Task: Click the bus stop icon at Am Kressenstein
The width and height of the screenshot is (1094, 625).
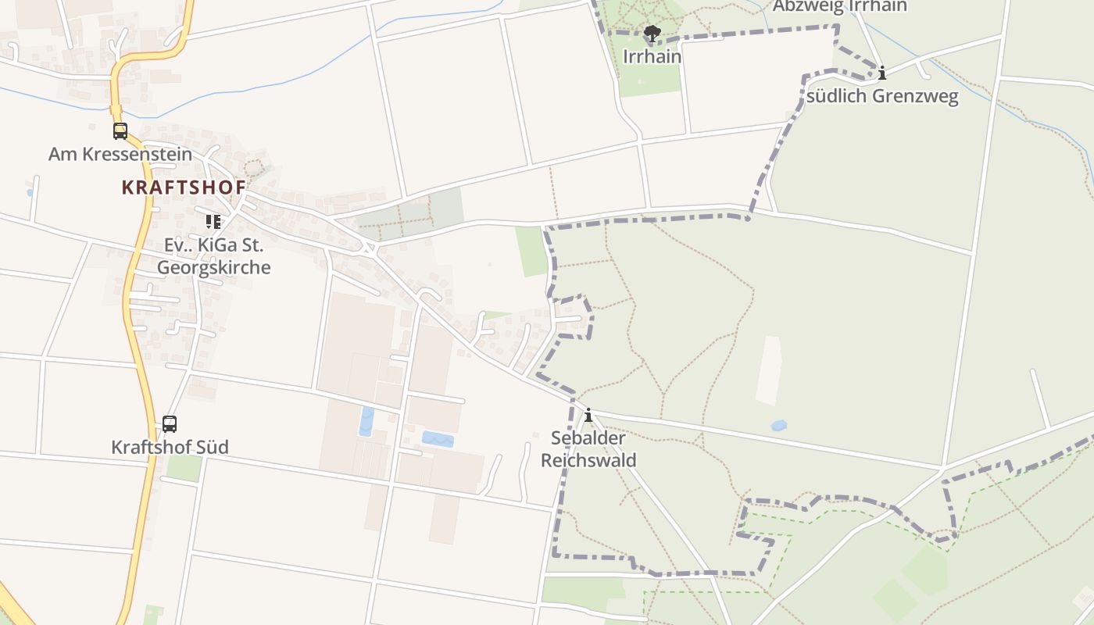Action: tap(120, 131)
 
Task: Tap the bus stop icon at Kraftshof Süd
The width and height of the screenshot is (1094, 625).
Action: tap(170, 424)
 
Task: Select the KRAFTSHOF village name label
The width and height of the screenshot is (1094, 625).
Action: tap(184, 187)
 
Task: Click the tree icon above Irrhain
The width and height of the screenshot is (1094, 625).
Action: tap(652, 34)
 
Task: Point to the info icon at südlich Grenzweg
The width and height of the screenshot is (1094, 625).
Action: tap(882, 73)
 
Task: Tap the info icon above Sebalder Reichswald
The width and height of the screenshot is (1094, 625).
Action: tap(588, 415)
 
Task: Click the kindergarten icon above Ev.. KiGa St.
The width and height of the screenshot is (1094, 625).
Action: tap(213, 222)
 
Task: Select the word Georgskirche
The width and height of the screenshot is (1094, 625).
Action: tap(213, 267)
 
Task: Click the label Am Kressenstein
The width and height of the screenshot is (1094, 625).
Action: tap(120, 154)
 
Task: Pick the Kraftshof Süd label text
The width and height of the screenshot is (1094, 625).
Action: tap(170, 448)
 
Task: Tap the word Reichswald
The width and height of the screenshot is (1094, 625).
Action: tap(588, 460)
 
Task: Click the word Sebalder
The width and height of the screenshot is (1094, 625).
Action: tap(588, 438)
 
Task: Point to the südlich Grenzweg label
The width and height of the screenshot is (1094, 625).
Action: tap(882, 97)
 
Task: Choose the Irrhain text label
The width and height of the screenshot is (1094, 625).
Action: tap(652, 57)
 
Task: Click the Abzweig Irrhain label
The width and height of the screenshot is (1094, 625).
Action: tap(839, 6)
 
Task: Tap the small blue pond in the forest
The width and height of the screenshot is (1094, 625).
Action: tap(778, 426)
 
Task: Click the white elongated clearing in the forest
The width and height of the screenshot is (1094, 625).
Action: tap(769, 370)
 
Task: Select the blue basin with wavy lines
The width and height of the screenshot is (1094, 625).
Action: tap(438, 439)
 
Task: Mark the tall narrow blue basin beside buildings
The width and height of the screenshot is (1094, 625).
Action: tap(366, 421)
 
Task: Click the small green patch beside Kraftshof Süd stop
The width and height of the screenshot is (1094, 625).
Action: tap(184, 468)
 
